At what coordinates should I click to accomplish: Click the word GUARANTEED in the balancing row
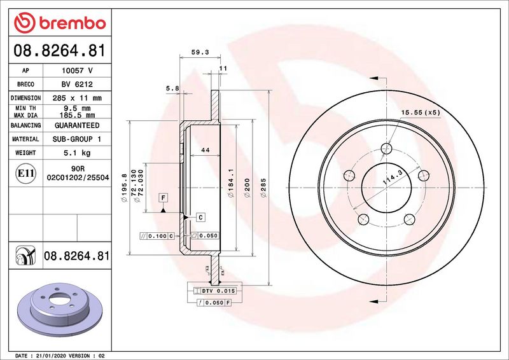point(76,126)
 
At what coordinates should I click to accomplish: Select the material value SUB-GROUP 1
point(76,139)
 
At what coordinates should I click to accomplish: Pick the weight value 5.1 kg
point(76,153)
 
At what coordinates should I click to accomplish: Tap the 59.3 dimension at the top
point(200,53)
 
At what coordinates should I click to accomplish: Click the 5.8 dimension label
point(172,88)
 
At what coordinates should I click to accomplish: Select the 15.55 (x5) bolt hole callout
point(420,113)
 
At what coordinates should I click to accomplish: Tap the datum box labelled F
point(164,198)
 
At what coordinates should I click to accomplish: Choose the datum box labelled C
point(200,218)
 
